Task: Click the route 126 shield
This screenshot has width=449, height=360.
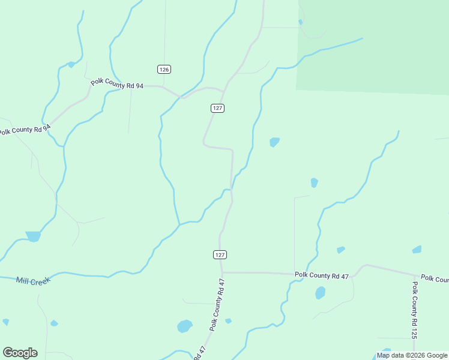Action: pyautogui.click(x=164, y=70)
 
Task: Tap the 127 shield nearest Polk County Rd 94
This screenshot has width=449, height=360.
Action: pyautogui.click(x=218, y=108)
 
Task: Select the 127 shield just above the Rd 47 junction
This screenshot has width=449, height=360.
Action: pyautogui.click(x=220, y=254)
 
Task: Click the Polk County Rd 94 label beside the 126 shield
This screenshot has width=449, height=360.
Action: pyautogui.click(x=117, y=85)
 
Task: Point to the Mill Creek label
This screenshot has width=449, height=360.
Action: pyautogui.click(x=33, y=280)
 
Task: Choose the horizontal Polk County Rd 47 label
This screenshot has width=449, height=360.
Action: pyautogui.click(x=321, y=275)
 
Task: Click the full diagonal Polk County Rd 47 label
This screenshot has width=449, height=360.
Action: pyautogui.click(x=217, y=305)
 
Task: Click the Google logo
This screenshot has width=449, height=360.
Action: pyautogui.click(x=20, y=353)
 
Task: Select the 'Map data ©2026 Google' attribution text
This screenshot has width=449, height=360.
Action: pyautogui.click(x=412, y=355)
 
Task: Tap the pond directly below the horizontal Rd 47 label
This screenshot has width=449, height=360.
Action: pyautogui.click(x=320, y=293)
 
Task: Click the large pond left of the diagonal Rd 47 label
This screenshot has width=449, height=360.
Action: pyautogui.click(x=185, y=326)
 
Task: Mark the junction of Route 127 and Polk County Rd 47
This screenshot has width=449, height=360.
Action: pyautogui.click(x=223, y=272)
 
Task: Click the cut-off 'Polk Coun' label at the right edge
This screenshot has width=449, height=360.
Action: pyautogui.click(x=435, y=278)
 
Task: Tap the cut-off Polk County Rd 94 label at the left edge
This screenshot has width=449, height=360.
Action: pyautogui.click(x=24, y=128)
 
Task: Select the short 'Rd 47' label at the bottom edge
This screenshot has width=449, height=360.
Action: pyautogui.click(x=199, y=353)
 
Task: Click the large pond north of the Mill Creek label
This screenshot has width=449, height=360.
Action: pyautogui.click(x=33, y=236)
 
